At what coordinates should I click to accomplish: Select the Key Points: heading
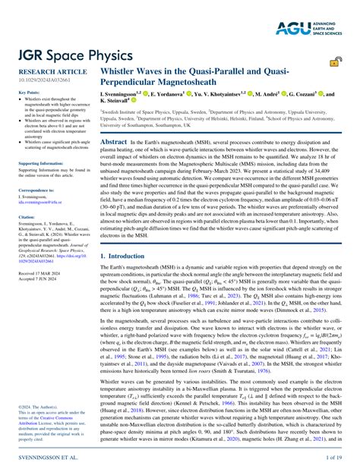(28, 92)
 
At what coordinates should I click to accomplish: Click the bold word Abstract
(114, 142)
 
